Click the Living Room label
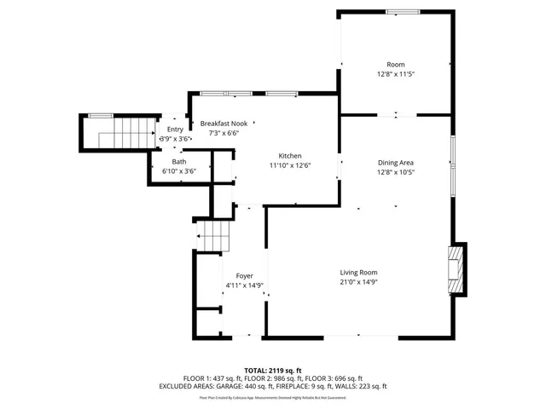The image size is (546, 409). pyautogui.click(x=358, y=272)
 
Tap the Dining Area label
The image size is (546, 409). pyautogui.click(x=396, y=162)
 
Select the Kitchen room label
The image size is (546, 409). pyautogui.click(x=290, y=155)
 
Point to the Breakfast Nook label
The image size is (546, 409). pyautogui.click(x=225, y=124)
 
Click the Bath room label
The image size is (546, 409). pyautogui.click(x=179, y=162)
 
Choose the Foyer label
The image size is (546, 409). pyautogui.click(x=245, y=276)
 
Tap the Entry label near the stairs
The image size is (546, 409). pyautogui.click(x=175, y=129)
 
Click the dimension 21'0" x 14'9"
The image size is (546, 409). pyautogui.click(x=358, y=282)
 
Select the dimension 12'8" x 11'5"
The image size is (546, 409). pyautogui.click(x=396, y=74)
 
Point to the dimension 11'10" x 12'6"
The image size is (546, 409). pyautogui.click(x=290, y=164)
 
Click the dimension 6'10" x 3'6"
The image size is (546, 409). pyautogui.click(x=179, y=171)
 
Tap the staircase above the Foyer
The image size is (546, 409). pyautogui.click(x=215, y=234)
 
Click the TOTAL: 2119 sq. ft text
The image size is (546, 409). pyautogui.click(x=273, y=371)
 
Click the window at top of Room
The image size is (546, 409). pyautogui.click(x=396, y=11)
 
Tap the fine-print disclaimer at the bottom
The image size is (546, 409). pyautogui.click(x=273, y=397)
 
